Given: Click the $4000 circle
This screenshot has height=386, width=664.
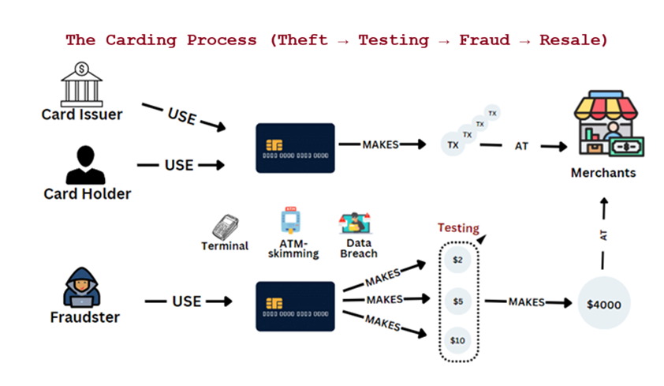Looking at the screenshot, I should (603, 303).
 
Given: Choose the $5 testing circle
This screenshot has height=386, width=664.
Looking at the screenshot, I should (458, 301).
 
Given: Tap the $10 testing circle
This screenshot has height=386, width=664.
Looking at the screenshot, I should (458, 340).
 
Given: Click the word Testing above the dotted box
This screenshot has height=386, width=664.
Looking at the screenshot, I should (458, 228).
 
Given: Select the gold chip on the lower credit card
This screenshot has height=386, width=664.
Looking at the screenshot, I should (275, 302).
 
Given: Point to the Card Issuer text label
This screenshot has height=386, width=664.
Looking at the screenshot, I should (82, 115).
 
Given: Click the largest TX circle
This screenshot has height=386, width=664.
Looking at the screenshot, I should (453, 146).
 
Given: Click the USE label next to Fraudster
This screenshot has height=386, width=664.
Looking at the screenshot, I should (187, 302).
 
